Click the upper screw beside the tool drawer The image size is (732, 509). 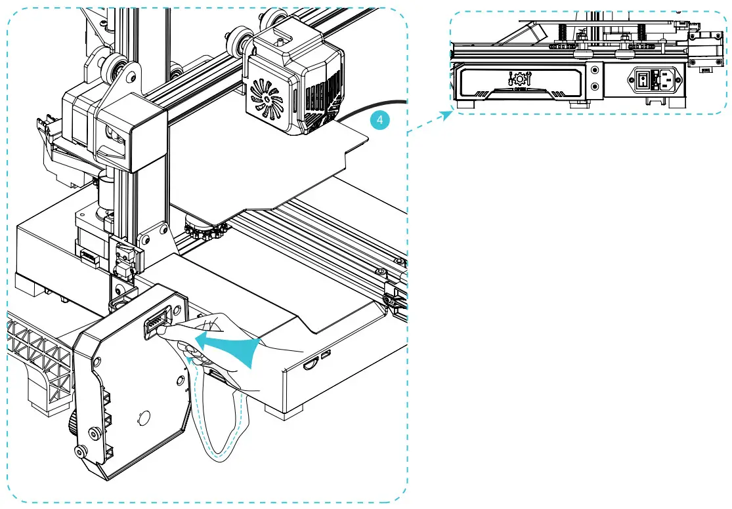point(595,69)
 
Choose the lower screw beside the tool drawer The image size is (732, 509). point(595,86)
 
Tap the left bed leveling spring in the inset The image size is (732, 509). point(563,30)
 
